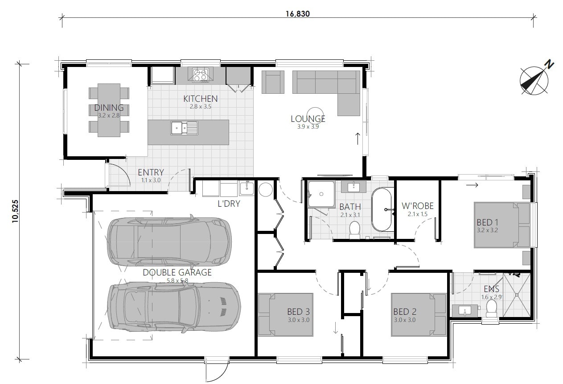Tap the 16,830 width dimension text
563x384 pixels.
tap(298, 13)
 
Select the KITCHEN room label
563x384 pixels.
tap(201, 99)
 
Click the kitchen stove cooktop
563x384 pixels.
tap(200, 75)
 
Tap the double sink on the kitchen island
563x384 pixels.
tap(184, 128)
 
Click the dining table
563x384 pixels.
tap(109, 110)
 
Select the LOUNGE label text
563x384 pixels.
tap(308, 119)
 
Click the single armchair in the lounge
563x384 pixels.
tap(272, 82)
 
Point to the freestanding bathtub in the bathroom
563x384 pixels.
tap(382, 209)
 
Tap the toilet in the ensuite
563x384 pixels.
tap(491, 308)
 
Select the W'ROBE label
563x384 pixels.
tap(417, 206)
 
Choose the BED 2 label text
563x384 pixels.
tap(404, 312)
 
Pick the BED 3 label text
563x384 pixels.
tap(298, 312)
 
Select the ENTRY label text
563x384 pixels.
tap(151, 172)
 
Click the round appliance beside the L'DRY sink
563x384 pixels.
tap(266, 190)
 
